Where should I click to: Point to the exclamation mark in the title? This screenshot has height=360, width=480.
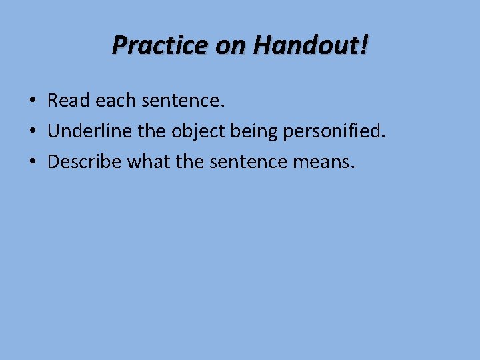[364, 45]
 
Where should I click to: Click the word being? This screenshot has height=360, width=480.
[254, 131]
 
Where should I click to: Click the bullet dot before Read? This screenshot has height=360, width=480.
[32, 101]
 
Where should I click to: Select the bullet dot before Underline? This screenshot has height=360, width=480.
[32, 131]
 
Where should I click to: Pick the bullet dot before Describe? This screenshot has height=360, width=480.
[32, 162]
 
